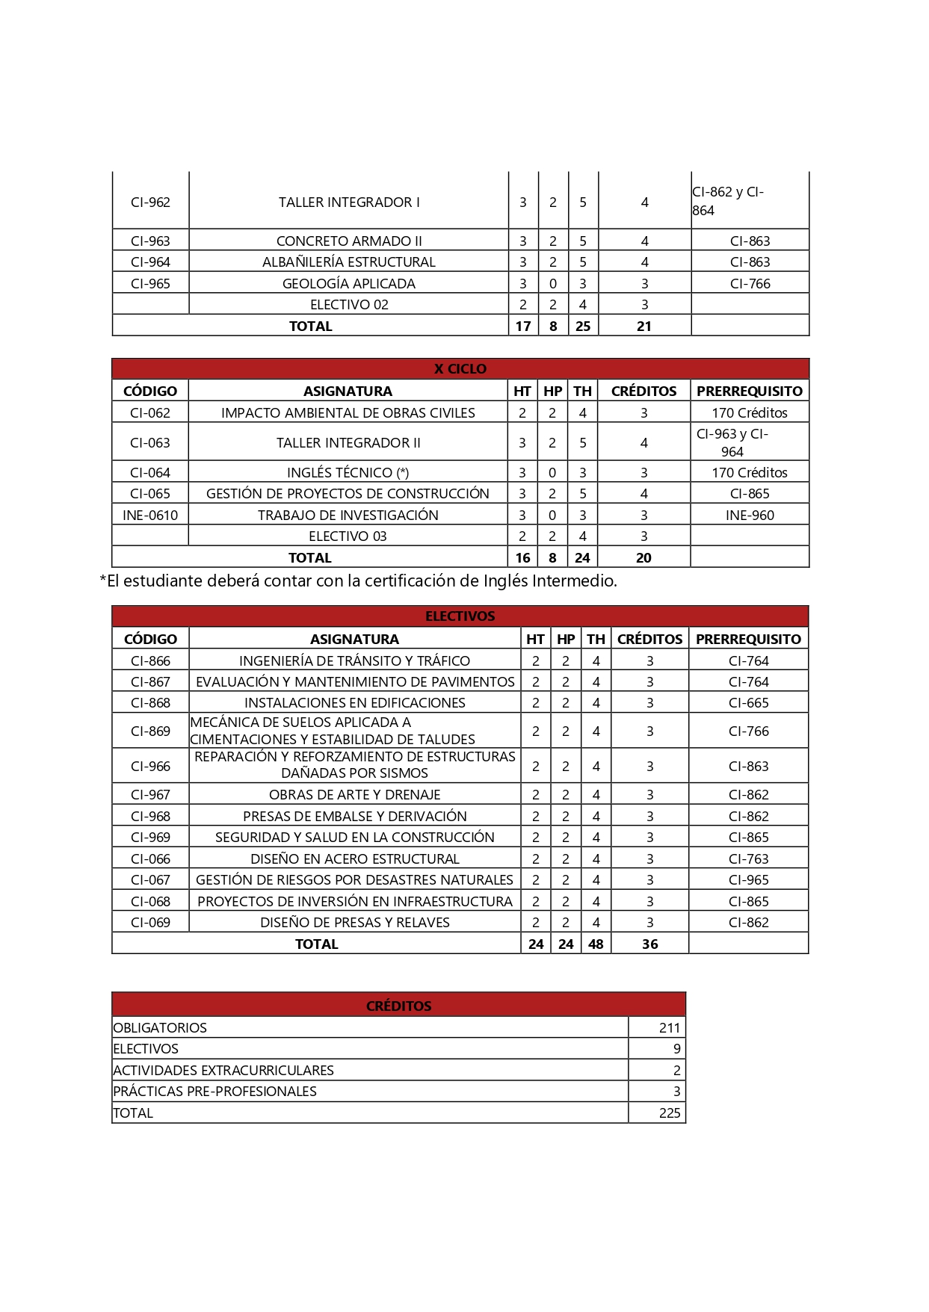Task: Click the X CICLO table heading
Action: click(x=460, y=368)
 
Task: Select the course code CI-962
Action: click(x=150, y=202)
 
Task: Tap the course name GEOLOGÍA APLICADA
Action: click(x=348, y=283)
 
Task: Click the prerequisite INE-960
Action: click(x=750, y=515)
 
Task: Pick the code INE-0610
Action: click(x=150, y=515)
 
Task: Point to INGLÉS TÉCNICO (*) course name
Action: click(x=348, y=472)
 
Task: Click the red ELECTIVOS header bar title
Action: click(x=460, y=616)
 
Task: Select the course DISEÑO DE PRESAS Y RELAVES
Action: click(x=354, y=922)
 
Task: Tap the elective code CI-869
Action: click(x=150, y=731)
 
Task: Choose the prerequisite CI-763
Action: click(x=748, y=858)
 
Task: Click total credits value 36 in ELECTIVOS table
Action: click(x=649, y=944)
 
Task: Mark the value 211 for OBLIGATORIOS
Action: click(x=669, y=1027)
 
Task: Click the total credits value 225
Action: click(x=669, y=1113)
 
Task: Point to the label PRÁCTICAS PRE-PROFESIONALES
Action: click(x=215, y=1091)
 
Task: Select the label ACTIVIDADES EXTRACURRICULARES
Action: click(x=223, y=1070)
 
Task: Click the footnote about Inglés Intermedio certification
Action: click(x=358, y=581)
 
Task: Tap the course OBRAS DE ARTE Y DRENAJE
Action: click(x=354, y=794)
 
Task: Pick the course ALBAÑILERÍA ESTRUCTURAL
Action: click(x=348, y=262)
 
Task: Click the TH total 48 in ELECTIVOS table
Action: click(x=596, y=944)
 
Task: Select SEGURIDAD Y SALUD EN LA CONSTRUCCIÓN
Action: click(x=354, y=837)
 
